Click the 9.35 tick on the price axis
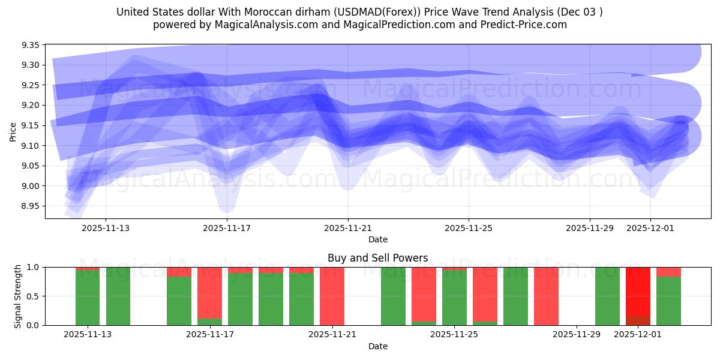(31, 46)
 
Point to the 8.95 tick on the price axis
(31, 206)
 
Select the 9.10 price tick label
(31, 146)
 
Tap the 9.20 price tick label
(31, 106)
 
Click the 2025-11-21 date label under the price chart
(347, 228)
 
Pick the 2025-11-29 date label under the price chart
(590, 228)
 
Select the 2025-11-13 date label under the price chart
(106, 228)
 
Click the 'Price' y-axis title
(13, 131)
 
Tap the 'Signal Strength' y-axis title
(18, 296)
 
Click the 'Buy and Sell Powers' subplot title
(377, 258)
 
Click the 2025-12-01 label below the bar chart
(638, 335)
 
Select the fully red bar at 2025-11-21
(332, 296)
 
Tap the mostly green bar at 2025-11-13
(88, 298)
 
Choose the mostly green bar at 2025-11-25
(454, 298)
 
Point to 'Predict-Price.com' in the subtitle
(526, 25)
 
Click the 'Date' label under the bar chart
(377, 346)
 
